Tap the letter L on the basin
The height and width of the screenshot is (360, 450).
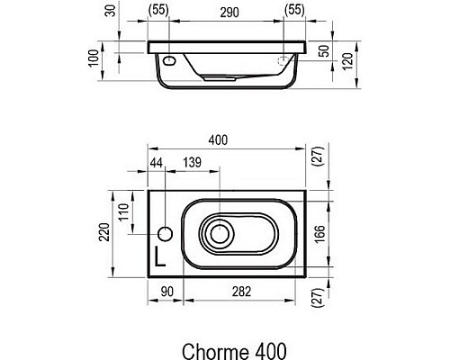point(161,255)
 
